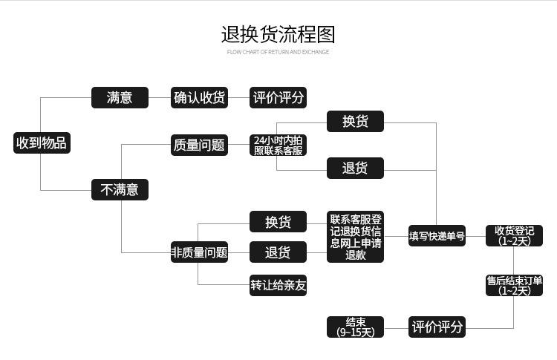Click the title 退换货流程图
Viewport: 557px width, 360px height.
278,34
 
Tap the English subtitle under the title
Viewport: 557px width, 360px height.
278,52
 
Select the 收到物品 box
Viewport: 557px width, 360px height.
42,143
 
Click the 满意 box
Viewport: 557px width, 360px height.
120,97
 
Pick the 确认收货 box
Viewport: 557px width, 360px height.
199,97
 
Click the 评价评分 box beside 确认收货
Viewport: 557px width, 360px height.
278,97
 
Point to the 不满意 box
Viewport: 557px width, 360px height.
120,189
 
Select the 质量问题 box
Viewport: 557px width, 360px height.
199,145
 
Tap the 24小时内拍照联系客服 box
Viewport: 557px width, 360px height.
278,145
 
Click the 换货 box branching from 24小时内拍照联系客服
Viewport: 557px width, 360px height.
355,122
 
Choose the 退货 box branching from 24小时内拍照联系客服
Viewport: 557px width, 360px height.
355,168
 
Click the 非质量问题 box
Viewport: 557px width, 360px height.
199,252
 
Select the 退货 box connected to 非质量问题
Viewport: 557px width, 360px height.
278,252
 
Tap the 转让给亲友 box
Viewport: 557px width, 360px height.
278,284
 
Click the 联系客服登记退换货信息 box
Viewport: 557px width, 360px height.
356,237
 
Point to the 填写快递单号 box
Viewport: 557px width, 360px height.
437,236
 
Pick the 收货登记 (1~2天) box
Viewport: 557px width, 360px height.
514,235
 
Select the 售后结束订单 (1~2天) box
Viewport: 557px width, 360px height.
514,285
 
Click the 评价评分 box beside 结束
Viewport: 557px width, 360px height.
437,327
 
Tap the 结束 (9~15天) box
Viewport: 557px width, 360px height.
356,327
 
